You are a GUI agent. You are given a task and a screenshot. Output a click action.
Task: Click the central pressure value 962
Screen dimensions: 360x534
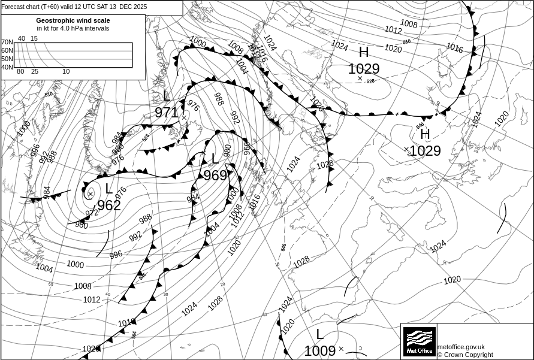coord(109,205)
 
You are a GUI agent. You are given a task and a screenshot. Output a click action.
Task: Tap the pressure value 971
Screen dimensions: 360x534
coord(167,113)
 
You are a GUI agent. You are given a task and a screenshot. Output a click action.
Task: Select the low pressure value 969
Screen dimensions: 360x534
coord(215,176)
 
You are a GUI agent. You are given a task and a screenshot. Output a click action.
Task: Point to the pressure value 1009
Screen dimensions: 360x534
coord(319,351)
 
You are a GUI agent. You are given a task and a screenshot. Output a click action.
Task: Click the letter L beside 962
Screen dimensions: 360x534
coord(108,189)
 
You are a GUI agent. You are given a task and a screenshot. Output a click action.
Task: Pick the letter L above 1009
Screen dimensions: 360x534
coord(319,335)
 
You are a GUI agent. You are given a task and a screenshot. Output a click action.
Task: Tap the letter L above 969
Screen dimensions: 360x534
coord(215,159)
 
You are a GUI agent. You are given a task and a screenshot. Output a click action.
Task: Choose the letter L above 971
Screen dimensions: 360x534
coord(167,96)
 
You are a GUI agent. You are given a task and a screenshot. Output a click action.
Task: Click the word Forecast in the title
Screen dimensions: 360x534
coord(14,7)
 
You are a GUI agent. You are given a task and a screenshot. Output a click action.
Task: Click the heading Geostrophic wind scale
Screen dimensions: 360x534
coord(73,20)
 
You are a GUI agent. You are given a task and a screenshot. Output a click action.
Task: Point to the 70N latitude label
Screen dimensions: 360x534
coord(7,43)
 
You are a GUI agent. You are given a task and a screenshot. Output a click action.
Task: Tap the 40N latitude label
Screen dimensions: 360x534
coord(7,67)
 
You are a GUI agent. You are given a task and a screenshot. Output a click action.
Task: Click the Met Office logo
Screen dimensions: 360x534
coord(419,342)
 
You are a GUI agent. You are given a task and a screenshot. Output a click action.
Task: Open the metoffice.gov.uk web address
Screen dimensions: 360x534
coord(461,347)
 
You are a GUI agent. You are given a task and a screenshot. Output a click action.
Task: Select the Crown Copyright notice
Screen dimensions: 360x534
coord(465,355)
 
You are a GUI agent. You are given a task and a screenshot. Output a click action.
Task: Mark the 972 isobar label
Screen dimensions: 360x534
coord(92,213)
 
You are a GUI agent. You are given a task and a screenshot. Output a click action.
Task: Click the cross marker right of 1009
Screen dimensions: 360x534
coord(341,349)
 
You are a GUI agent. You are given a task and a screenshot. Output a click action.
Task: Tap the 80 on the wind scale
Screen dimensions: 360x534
coord(20,72)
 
